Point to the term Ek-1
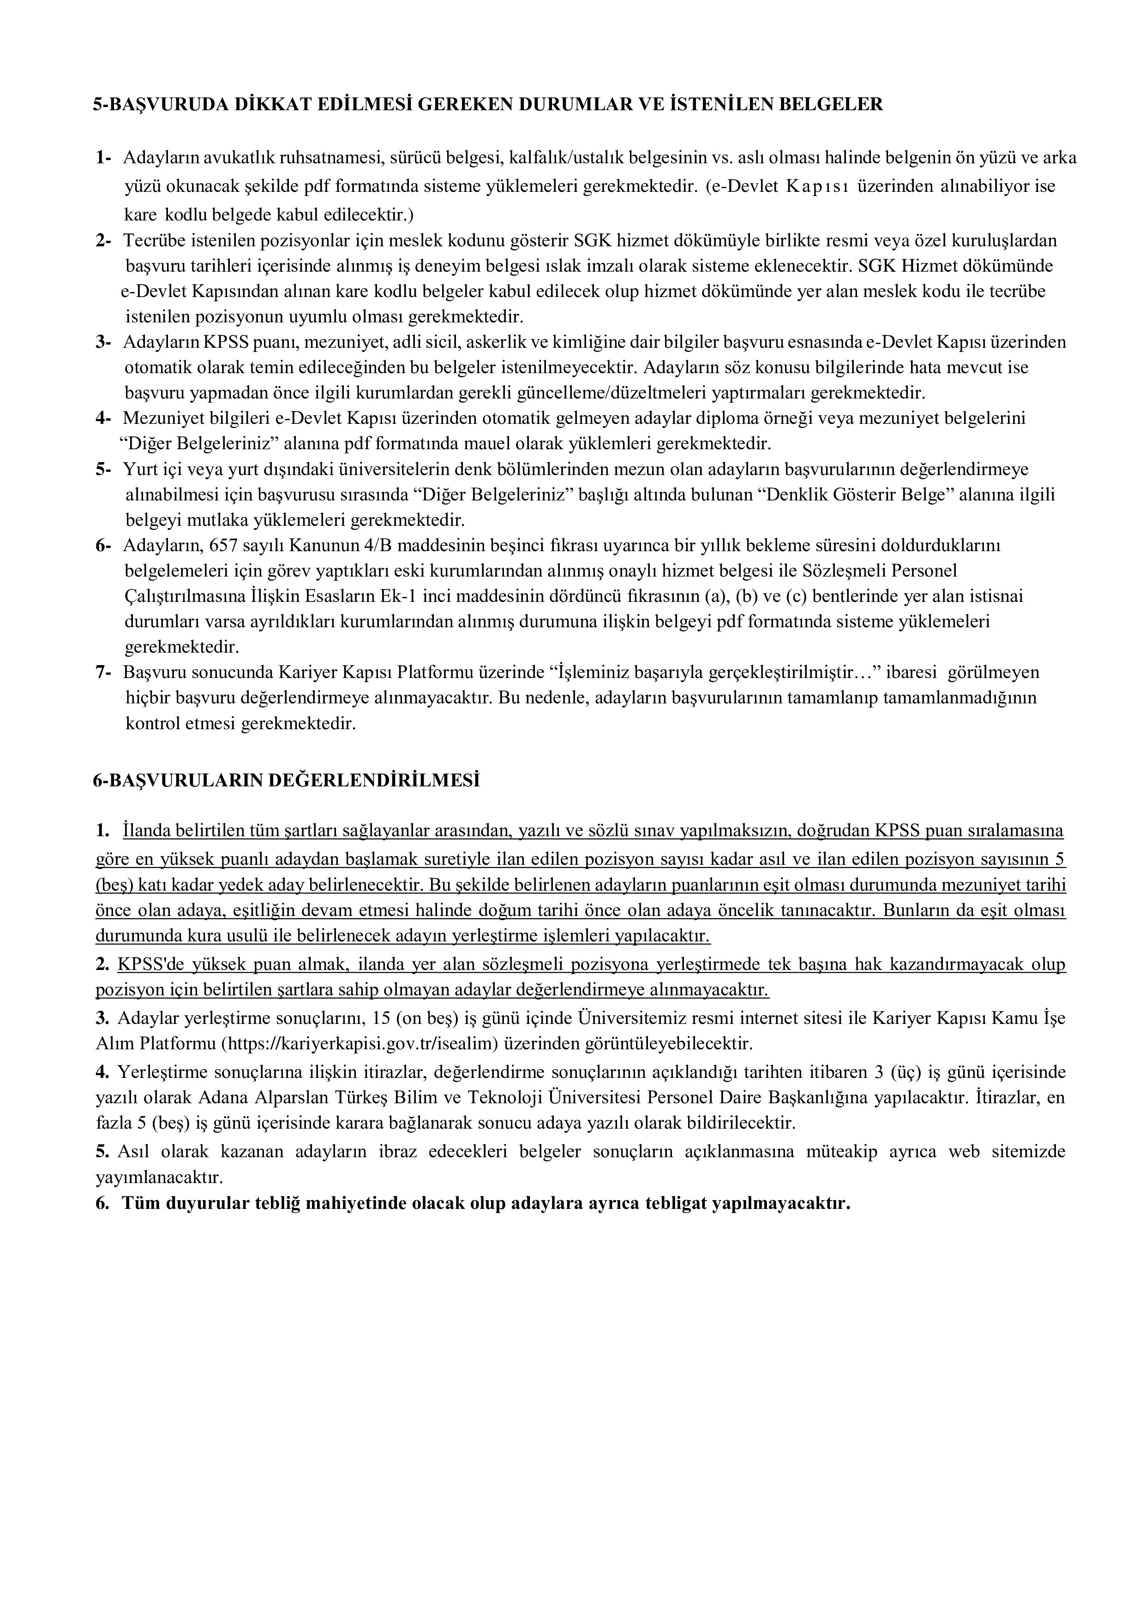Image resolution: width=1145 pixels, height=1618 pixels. (x=399, y=596)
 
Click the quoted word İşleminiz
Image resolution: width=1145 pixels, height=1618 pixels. (x=591, y=672)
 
